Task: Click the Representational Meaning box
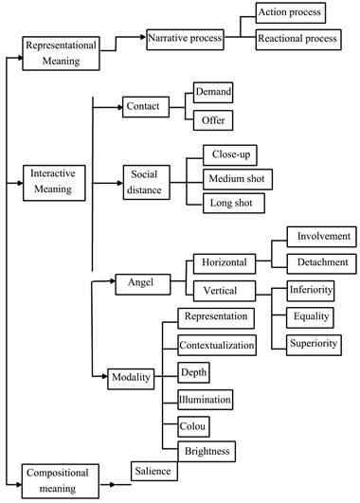(x=65, y=52)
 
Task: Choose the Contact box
(x=143, y=108)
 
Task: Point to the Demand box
(x=213, y=93)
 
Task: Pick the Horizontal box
(x=224, y=261)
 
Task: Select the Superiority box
(x=314, y=343)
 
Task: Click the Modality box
(x=130, y=377)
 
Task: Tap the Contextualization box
(x=217, y=346)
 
